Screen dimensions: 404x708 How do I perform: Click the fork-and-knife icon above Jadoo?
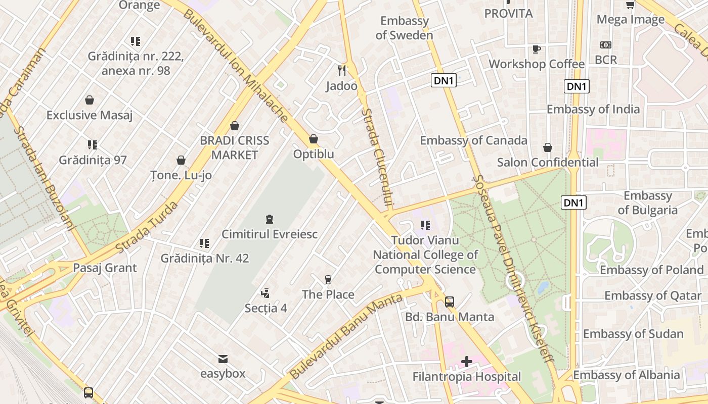tap(342, 70)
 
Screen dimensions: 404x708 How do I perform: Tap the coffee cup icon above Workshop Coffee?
tap(536, 49)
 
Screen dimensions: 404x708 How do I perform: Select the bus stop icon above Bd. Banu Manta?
tap(450, 302)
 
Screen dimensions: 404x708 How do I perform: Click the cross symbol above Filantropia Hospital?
tap(466, 362)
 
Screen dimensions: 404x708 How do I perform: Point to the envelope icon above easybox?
tap(223, 359)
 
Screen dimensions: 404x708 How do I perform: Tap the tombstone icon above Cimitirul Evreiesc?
tap(269, 219)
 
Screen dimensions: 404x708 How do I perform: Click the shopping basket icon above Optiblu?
tap(314, 139)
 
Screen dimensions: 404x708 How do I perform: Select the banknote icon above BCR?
tap(605, 45)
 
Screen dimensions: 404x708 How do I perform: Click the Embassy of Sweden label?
tap(405, 28)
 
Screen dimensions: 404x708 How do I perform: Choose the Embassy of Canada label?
tap(473, 140)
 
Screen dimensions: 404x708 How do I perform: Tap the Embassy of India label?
tap(593, 109)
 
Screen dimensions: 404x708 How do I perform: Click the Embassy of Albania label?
tap(626, 375)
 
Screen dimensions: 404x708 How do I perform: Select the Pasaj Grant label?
tap(105, 268)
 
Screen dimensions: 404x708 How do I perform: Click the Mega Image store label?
tap(630, 19)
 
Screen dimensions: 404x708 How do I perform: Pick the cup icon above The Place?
tap(328, 279)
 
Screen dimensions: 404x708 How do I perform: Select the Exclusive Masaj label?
tap(90, 115)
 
